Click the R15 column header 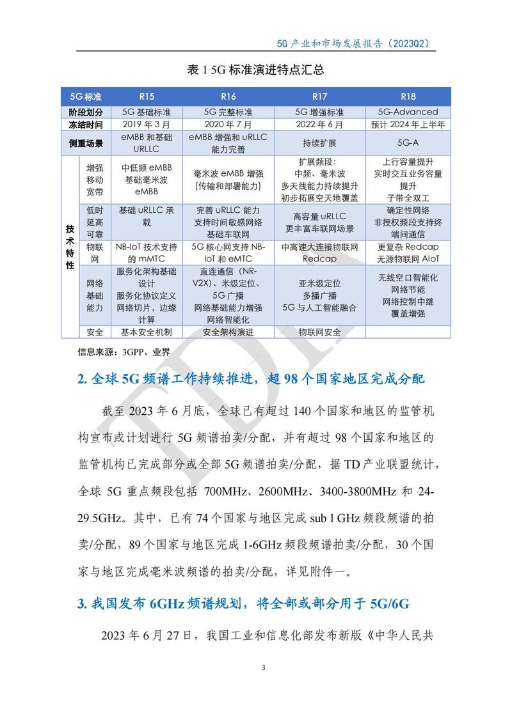[x=146, y=97]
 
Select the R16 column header [x=228, y=97]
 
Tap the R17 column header [x=320, y=97]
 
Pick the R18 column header [x=408, y=97]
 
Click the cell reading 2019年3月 [x=146, y=124]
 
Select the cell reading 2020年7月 [x=228, y=124]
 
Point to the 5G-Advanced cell [x=408, y=112]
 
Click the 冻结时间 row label [x=85, y=124]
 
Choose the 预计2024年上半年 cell [x=408, y=124]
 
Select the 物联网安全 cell [x=320, y=332]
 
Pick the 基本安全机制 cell [x=146, y=332]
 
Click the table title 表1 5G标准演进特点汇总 [x=256, y=70]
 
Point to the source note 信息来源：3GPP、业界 [x=115, y=352]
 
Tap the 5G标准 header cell [x=85, y=97]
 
